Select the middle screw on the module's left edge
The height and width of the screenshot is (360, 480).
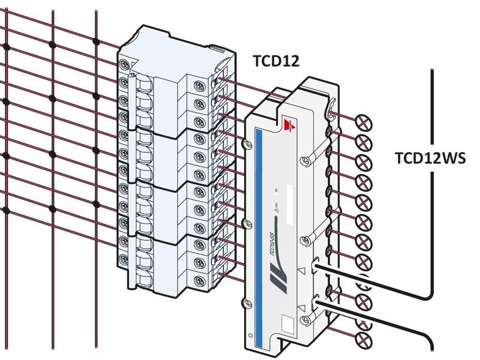[x=244, y=223]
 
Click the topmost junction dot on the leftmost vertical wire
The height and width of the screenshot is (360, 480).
[x=7, y=46]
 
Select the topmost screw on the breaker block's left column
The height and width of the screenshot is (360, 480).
[x=124, y=64]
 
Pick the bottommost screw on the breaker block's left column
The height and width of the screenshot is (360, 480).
[x=124, y=260]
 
